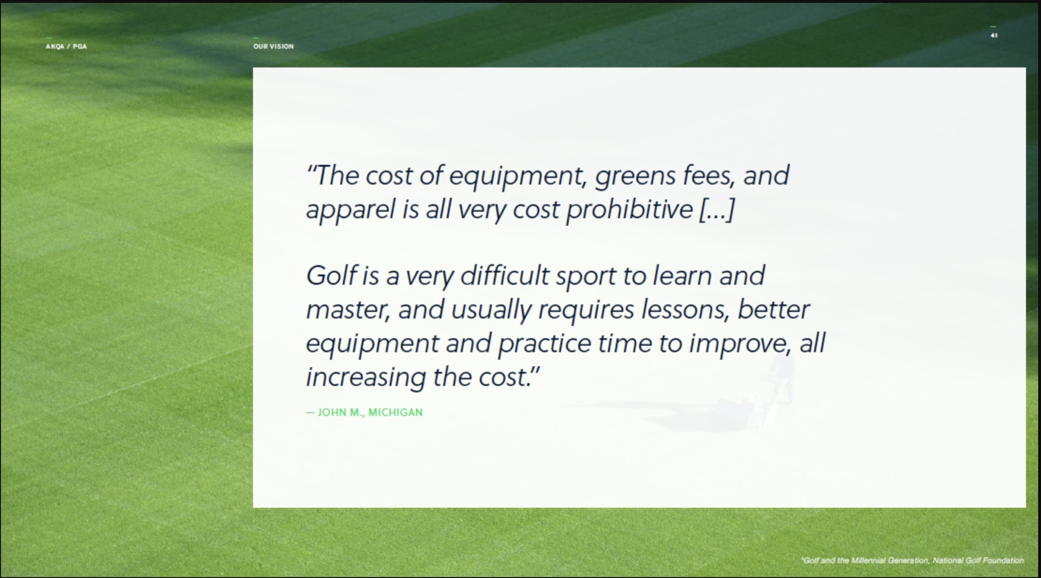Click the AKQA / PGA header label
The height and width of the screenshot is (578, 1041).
point(66,46)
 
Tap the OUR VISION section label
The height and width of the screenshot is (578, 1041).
point(274,46)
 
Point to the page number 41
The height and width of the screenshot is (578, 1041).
point(994,36)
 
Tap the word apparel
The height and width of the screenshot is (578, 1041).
point(351,210)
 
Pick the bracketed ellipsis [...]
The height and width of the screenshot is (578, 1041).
point(717,209)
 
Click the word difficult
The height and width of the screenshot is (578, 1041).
point(505,275)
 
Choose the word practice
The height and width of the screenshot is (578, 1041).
point(544,344)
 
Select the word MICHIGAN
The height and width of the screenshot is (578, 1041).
point(395,412)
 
